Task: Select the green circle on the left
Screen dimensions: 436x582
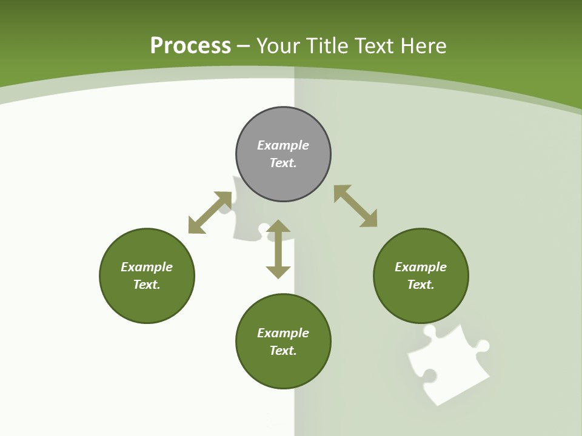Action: (147, 276)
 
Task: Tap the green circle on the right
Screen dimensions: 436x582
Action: (421, 276)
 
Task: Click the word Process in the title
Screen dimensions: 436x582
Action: (190, 46)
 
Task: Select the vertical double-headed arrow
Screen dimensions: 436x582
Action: (278, 249)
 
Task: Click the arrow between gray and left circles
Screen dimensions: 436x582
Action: (210, 213)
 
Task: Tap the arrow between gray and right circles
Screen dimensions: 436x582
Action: (355, 206)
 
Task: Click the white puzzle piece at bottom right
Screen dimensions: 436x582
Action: (447, 363)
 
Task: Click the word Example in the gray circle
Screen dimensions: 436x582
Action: (283, 145)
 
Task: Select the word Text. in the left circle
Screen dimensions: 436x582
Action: (147, 285)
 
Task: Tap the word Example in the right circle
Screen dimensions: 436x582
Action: (421, 267)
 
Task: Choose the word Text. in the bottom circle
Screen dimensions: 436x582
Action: (283, 351)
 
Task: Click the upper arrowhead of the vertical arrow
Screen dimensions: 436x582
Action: (278, 226)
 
